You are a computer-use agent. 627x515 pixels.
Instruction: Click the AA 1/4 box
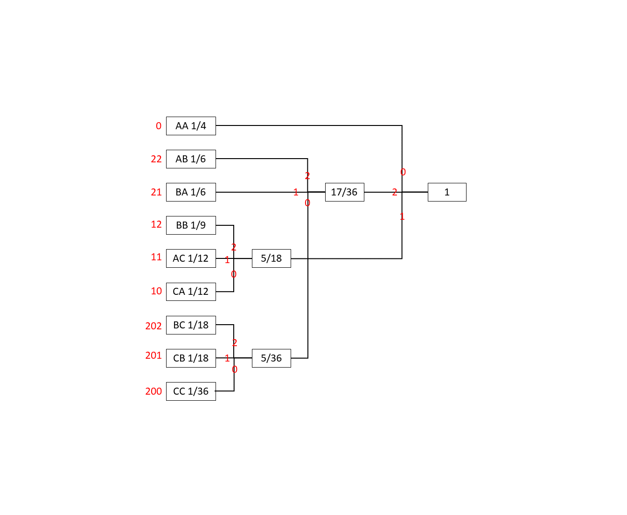click(191, 126)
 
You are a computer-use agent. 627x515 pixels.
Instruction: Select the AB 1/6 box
click(191, 159)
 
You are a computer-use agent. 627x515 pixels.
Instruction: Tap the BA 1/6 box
click(191, 192)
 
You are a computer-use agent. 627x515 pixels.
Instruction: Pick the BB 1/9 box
click(191, 225)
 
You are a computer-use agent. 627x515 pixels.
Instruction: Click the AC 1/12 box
click(191, 258)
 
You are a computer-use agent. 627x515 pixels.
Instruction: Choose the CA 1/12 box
click(191, 292)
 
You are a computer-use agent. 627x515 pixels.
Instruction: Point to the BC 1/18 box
click(191, 325)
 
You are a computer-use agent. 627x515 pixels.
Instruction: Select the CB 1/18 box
click(191, 358)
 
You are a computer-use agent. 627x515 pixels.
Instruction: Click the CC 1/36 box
click(191, 391)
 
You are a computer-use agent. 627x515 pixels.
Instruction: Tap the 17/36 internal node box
click(345, 192)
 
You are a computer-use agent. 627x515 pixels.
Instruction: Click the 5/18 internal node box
click(272, 258)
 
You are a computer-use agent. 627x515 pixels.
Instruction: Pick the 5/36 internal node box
click(272, 358)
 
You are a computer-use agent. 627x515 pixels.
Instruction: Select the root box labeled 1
click(447, 192)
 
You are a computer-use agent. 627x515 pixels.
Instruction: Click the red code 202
click(153, 326)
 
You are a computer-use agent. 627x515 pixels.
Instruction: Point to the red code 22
click(156, 159)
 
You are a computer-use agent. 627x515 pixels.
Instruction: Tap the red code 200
click(153, 391)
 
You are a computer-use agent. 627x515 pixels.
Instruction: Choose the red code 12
click(156, 224)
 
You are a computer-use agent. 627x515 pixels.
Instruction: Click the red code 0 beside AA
click(159, 126)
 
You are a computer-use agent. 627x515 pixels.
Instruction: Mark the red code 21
click(156, 192)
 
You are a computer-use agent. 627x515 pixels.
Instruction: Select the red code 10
click(156, 291)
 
